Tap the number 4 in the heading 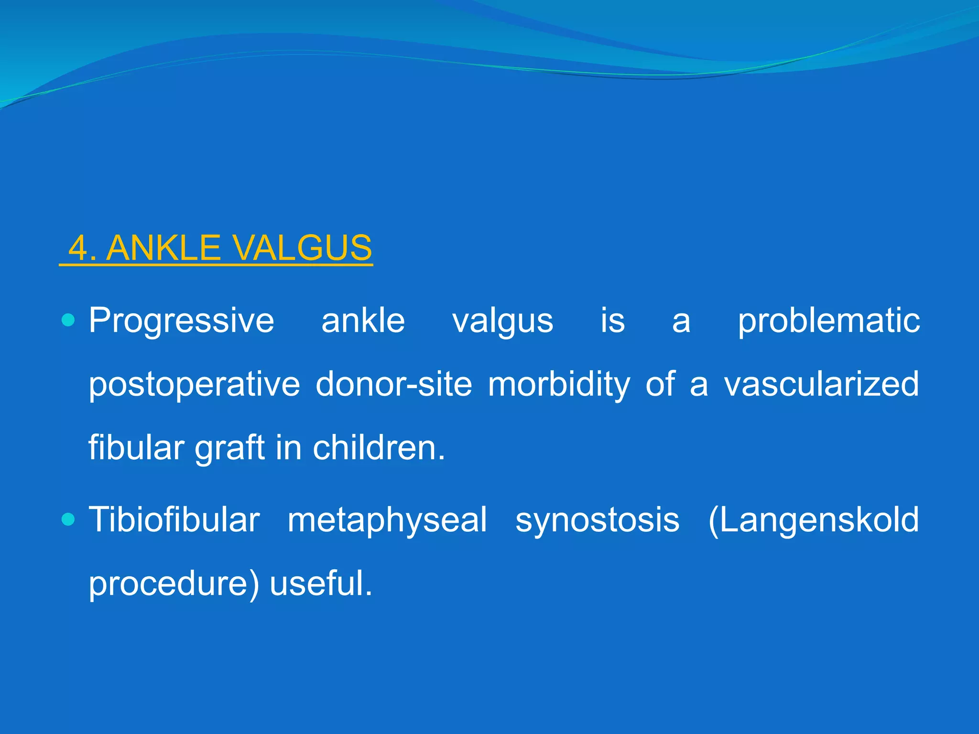tap(79, 248)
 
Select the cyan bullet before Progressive tap(69, 320)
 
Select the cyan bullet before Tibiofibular tap(69, 519)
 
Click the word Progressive tap(182, 321)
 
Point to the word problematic tap(828, 321)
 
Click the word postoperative tap(194, 385)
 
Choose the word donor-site tap(394, 384)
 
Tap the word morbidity tap(559, 385)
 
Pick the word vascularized tap(821, 384)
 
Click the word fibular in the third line tap(136, 448)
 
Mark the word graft tap(230, 449)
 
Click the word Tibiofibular tap(174, 520)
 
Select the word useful tap(320, 583)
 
